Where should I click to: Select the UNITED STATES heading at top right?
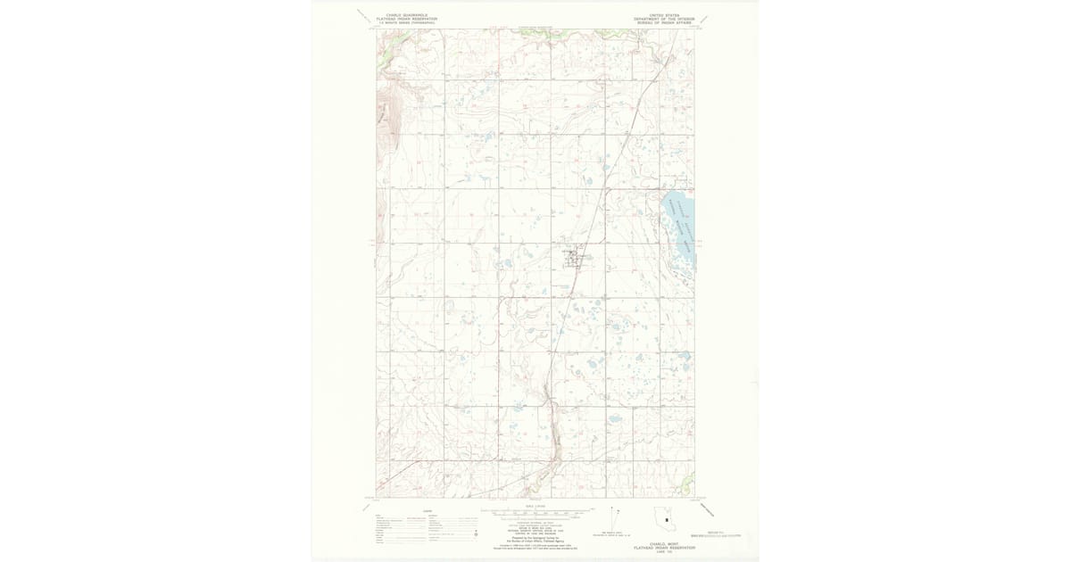point(664,15)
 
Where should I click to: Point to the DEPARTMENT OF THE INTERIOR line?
point(664,19)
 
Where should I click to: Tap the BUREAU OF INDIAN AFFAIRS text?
point(664,22)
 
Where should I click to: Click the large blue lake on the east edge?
point(679,227)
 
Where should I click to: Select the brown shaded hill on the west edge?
point(385,120)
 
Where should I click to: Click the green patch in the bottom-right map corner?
point(687,485)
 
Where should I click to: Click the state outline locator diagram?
point(665,519)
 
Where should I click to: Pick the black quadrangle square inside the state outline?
point(666,520)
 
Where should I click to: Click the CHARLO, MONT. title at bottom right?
point(665,543)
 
